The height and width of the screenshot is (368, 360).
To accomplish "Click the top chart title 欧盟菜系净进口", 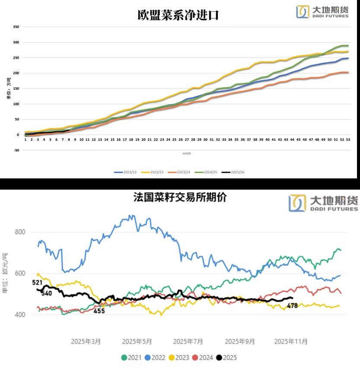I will click(178, 16).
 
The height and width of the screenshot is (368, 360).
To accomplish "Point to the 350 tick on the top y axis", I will click(16, 27).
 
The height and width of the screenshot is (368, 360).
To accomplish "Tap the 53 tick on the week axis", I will click(348, 140).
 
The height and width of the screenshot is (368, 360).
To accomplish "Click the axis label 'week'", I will click(187, 153).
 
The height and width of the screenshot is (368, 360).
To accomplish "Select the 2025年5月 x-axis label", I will click(137, 341).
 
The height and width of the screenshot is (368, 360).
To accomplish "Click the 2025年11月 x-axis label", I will click(291, 341).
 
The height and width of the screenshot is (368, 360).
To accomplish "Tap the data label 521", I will click(37, 282).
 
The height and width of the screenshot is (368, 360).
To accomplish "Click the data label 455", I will click(100, 311).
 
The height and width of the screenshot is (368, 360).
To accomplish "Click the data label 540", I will click(47, 293).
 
